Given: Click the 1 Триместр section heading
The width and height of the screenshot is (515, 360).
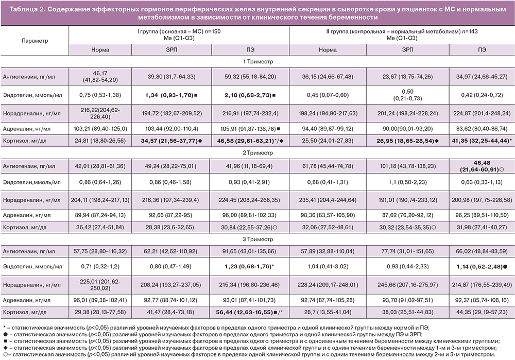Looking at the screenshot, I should [x=257, y=61].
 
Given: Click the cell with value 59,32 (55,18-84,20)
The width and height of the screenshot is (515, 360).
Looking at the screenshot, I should [x=250, y=76].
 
